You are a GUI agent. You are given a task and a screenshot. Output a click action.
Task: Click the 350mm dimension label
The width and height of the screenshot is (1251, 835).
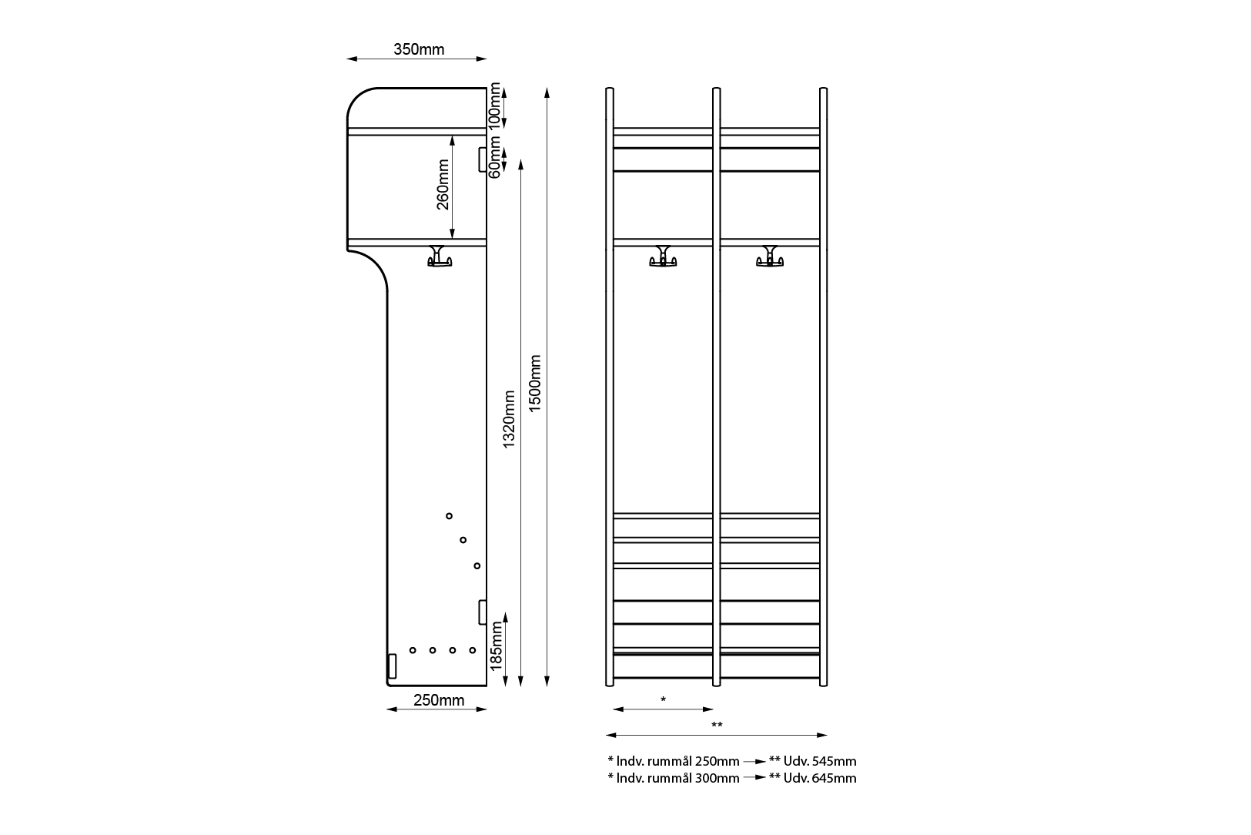419,49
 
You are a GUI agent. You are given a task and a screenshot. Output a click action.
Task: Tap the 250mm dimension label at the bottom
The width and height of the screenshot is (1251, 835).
439,700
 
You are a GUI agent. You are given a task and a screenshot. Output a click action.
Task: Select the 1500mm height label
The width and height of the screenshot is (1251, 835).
535,384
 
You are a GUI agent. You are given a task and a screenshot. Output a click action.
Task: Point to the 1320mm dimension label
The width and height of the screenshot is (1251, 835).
509,419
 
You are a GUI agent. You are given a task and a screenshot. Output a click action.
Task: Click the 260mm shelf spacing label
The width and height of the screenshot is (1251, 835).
443,184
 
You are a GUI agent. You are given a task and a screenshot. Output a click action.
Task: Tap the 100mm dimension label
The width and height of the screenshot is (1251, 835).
495,106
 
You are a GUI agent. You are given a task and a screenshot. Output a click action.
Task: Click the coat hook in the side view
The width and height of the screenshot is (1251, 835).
440,256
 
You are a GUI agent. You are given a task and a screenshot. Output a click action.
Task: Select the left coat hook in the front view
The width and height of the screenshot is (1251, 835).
663,256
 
